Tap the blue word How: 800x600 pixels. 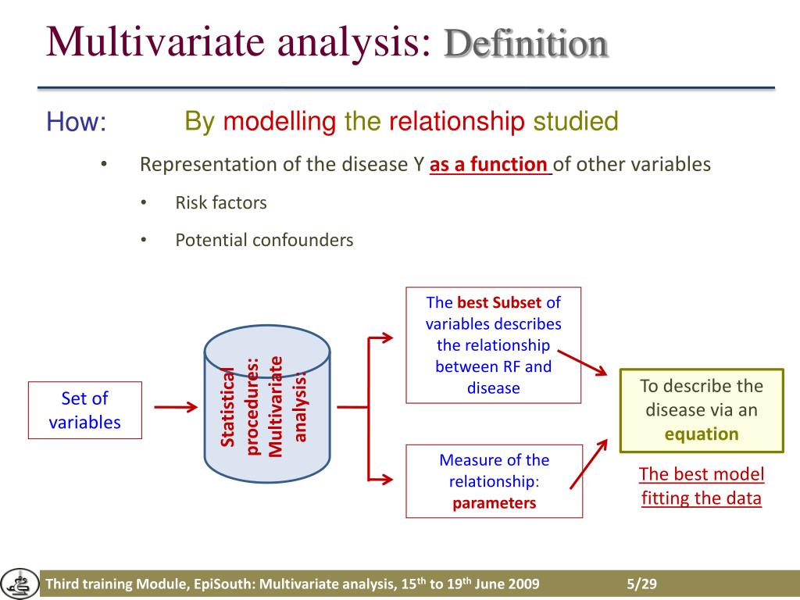(x=76, y=123)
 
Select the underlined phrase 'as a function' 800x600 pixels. (x=490, y=165)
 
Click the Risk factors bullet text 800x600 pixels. (x=221, y=203)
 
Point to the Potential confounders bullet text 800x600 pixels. (x=264, y=241)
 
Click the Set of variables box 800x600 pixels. (x=85, y=410)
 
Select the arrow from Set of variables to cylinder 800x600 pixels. (x=176, y=407)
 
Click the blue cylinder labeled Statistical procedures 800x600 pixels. (x=266, y=406)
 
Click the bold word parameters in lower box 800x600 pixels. (x=494, y=503)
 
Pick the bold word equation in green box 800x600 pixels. (x=702, y=434)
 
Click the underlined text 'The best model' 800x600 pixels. (x=701, y=474)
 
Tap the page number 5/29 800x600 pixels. (x=641, y=585)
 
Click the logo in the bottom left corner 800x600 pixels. (x=19, y=584)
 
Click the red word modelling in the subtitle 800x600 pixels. (x=279, y=122)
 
